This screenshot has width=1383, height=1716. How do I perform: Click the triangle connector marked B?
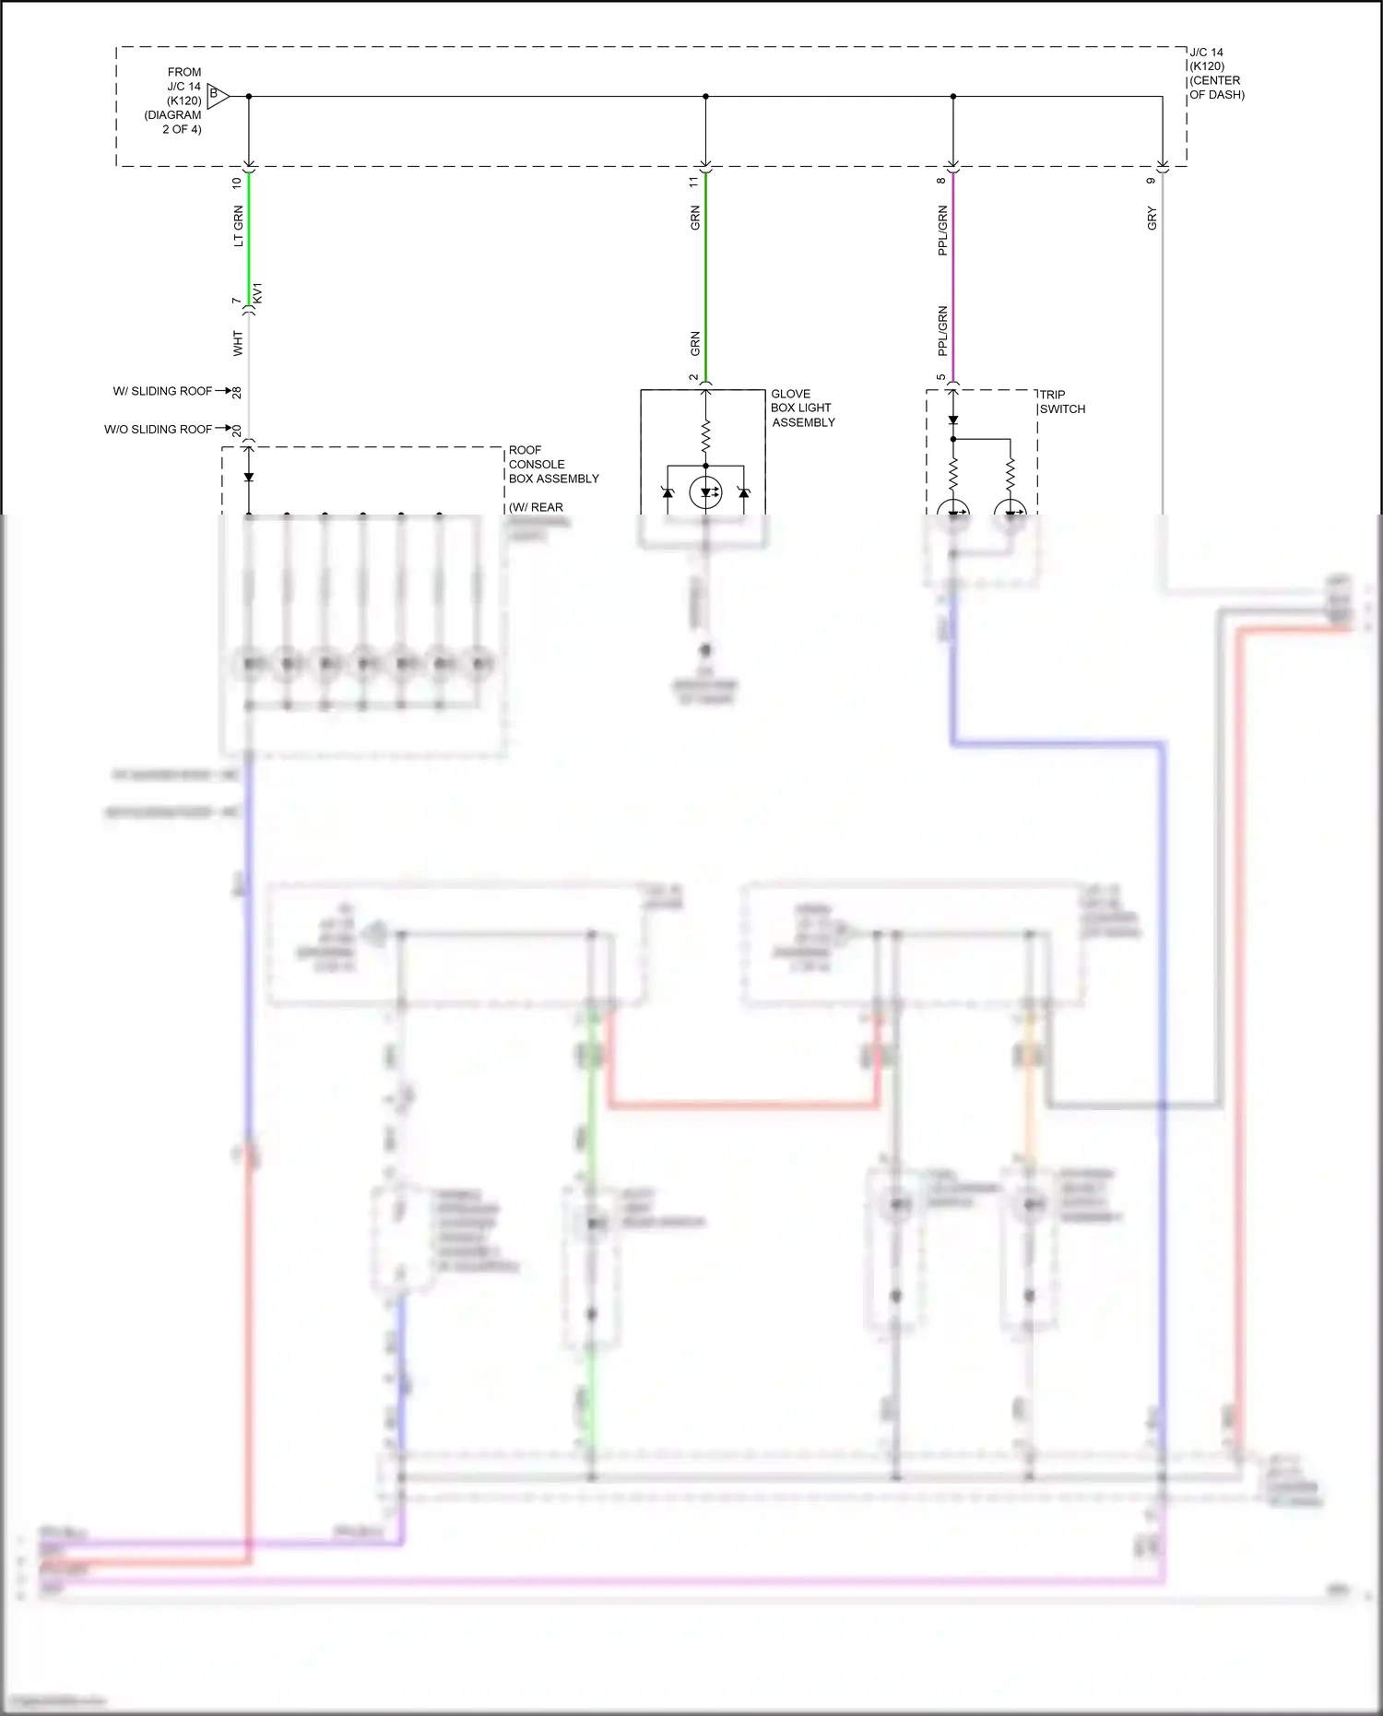[x=217, y=95]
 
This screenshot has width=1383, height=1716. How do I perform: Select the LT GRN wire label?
[x=238, y=226]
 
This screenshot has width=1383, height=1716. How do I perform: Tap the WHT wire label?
[x=238, y=344]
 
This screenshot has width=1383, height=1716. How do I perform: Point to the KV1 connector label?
[x=258, y=294]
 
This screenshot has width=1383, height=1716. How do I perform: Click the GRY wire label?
[x=1152, y=219]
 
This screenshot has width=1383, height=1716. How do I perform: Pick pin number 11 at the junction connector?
[x=694, y=183]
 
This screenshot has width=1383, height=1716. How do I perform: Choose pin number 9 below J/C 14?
[x=1151, y=181]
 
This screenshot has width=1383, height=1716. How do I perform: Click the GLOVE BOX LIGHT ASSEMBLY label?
[x=802, y=408]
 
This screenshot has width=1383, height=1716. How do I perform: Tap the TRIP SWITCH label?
[x=1062, y=401]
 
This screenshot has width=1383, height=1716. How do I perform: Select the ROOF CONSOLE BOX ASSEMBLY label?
[x=553, y=464]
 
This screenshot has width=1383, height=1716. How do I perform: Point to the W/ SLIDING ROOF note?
[x=162, y=391]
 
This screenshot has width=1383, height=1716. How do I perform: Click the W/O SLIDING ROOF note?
[x=158, y=429]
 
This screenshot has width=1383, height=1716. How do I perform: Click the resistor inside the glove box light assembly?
[x=705, y=435]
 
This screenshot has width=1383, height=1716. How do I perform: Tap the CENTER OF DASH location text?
[x=1216, y=88]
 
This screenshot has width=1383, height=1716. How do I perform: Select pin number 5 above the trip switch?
[x=941, y=377]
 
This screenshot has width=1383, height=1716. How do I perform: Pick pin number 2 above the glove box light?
[x=694, y=377]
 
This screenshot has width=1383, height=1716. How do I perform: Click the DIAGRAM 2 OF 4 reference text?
[x=173, y=122]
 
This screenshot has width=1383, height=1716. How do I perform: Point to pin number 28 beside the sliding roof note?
[x=237, y=392]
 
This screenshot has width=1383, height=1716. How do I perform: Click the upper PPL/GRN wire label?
[x=942, y=231]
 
